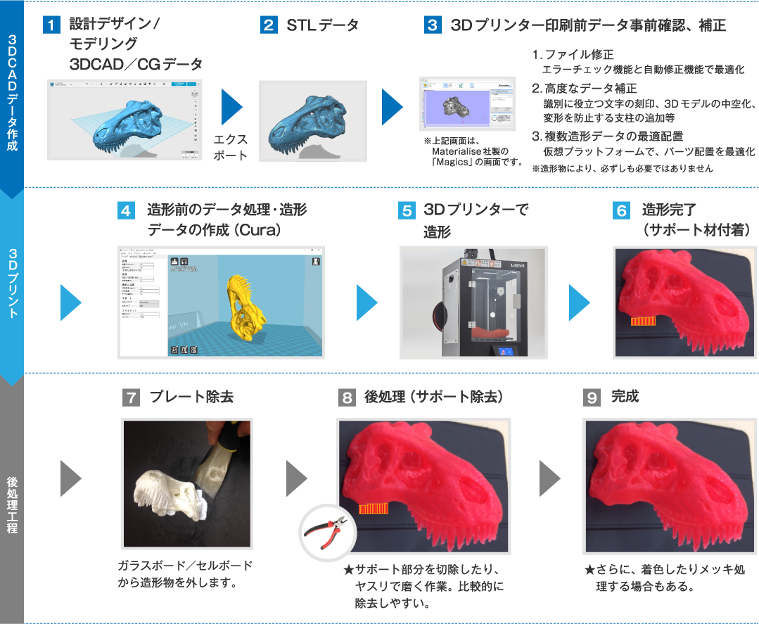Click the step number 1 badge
click(52, 26)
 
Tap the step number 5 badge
click(407, 211)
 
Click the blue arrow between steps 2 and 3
click(392, 107)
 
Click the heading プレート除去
click(191, 397)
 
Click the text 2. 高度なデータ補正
click(585, 89)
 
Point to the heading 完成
click(625, 397)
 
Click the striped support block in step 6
click(643, 321)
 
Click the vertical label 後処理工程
click(12, 504)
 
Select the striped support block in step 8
click(373, 509)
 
